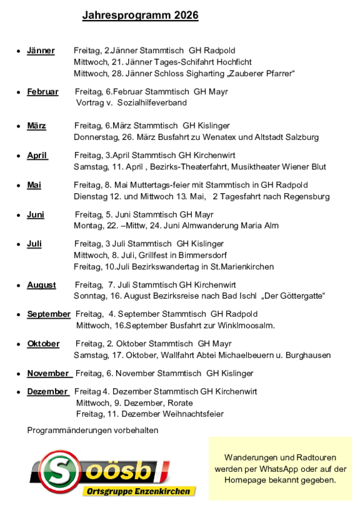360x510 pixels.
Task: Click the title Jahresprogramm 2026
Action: pyautogui.click(x=140, y=16)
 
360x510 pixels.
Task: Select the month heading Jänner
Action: pyautogui.click(x=41, y=51)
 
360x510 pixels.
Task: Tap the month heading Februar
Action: pyautogui.click(x=42, y=92)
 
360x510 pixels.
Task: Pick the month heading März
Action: pyautogui.click(x=36, y=126)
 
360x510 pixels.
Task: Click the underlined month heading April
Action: pyautogui.click(x=37, y=156)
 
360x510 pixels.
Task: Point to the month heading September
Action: pyautogui.click(x=49, y=314)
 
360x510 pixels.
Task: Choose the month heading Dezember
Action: pyautogui.click(x=47, y=391)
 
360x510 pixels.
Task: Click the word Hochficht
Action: pyautogui.click(x=234, y=62)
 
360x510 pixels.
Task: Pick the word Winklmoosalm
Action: pyautogui.click(x=245, y=325)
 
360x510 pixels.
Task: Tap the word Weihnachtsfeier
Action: pyautogui.click(x=192, y=414)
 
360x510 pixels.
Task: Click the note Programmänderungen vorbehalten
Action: pyautogui.click(x=92, y=430)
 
